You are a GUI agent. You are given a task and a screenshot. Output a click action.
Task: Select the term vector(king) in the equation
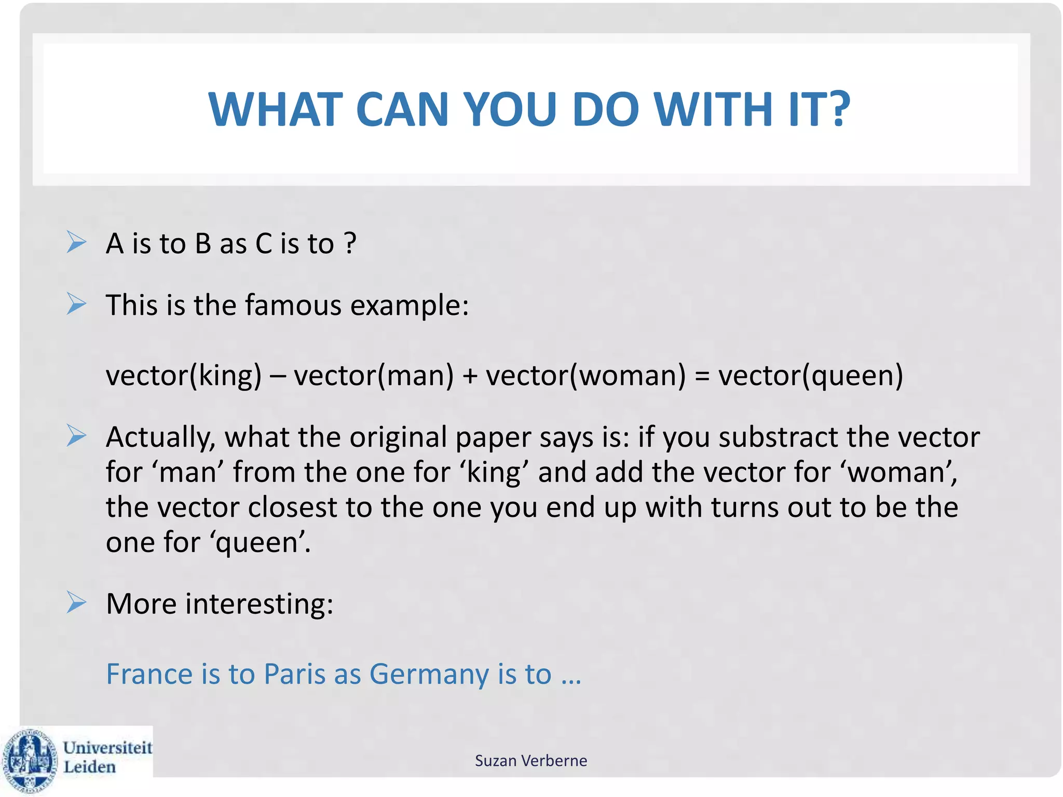tap(184, 375)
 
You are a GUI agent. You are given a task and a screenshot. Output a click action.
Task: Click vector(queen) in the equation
tap(810, 375)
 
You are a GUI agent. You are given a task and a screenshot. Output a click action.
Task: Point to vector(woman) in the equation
tap(585, 375)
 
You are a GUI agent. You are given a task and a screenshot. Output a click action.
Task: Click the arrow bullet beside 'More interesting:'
tap(76, 603)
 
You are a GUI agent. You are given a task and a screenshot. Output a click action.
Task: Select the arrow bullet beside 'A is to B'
tap(76, 242)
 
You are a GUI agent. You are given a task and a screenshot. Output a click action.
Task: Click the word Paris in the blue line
tap(294, 674)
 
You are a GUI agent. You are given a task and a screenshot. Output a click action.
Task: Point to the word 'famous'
tap(293, 305)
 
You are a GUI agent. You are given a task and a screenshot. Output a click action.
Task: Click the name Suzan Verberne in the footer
tap(530, 761)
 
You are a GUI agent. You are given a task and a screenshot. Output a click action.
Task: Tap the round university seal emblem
tap(30, 761)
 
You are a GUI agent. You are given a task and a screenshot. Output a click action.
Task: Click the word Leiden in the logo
tap(89, 767)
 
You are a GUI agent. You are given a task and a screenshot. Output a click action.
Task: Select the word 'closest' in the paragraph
tap(292, 507)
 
